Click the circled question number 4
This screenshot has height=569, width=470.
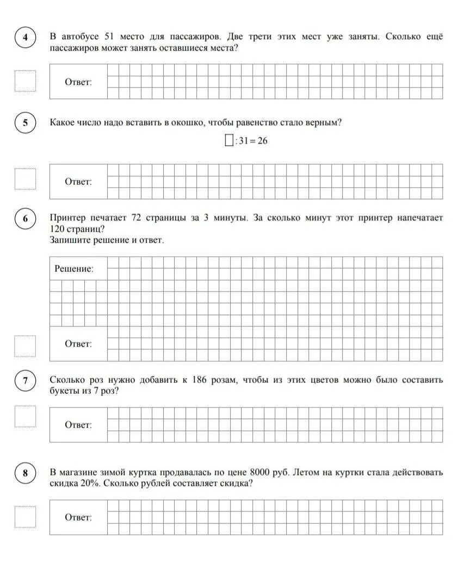(x=25, y=38)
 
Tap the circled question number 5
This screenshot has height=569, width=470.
(x=25, y=123)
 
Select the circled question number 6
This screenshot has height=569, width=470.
(x=25, y=219)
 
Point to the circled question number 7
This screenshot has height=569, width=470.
(x=25, y=381)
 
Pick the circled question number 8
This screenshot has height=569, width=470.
(x=25, y=473)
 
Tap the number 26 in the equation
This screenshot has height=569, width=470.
(x=262, y=141)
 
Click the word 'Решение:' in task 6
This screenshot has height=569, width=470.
(x=75, y=269)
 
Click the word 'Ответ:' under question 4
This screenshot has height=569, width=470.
(x=78, y=82)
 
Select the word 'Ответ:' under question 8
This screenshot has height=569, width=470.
(x=78, y=517)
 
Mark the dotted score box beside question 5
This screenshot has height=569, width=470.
(x=26, y=179)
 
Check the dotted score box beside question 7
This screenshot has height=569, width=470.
(x=26, y=417)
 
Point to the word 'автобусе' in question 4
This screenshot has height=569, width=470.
(x=81, y=37)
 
